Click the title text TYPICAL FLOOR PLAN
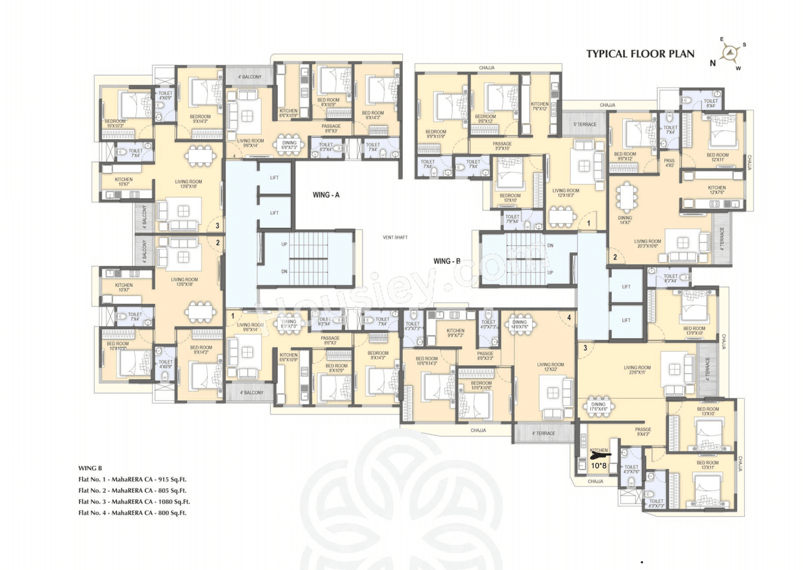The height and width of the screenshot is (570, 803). coord(640,53)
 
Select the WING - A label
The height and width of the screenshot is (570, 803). coord(326,195)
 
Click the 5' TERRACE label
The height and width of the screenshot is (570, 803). coord(584,124)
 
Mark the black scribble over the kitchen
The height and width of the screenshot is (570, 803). coord(600,457)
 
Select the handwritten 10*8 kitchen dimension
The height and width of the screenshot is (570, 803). coord(599,465)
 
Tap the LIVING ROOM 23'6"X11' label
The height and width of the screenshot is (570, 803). coord(637,371)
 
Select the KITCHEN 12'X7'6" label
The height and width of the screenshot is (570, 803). coord(716,191)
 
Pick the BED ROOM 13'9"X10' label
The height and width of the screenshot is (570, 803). coord(694,330)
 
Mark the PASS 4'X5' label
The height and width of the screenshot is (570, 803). coord(669,163)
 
